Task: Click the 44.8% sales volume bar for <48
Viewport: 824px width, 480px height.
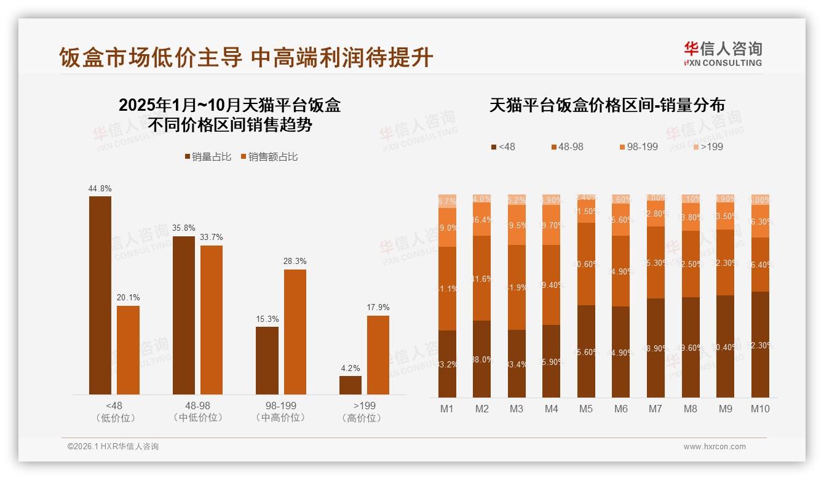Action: click(100, 295)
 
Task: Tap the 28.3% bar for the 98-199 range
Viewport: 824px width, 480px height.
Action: click(295, 332)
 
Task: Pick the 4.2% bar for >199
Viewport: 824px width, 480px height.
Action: click(351, 385)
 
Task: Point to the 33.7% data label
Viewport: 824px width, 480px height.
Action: click(212, 238)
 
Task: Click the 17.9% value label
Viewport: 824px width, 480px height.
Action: click(378, 308)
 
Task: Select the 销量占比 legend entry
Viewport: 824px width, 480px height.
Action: click(208, 157)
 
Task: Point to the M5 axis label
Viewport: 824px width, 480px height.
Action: click(586, 409)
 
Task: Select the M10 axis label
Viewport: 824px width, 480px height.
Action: click(760, 409)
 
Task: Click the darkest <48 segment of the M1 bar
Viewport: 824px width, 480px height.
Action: click(448, 364)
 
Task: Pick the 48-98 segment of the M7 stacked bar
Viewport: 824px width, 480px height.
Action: click(656, 262)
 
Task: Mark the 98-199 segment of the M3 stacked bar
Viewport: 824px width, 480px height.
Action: click(517, 225)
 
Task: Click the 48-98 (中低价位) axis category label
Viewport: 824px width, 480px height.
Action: click(197, 412)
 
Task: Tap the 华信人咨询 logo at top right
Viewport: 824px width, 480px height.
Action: click(723, 54)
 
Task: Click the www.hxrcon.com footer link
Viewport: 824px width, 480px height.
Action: click(715, 447)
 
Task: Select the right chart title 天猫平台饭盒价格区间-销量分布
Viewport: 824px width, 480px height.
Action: click(606, 105)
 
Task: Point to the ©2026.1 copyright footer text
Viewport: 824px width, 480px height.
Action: click(113, 447)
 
